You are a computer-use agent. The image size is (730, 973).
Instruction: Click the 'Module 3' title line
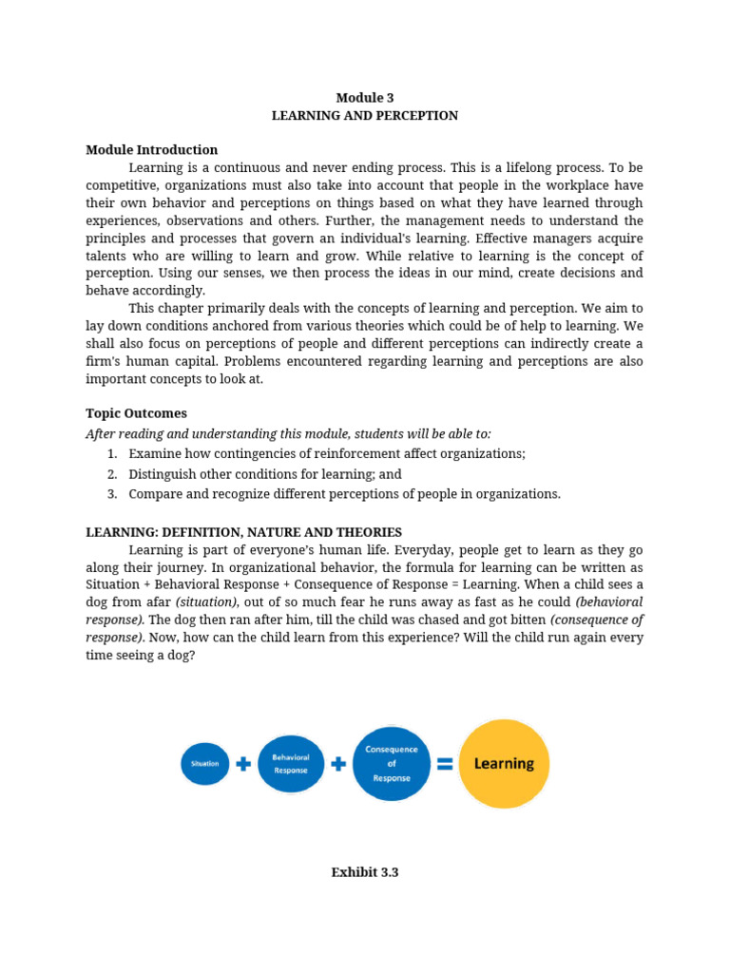[365, 98]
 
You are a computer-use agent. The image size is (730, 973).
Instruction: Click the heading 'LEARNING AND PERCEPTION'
[365, 116]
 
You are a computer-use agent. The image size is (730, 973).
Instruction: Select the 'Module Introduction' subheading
[151, 150]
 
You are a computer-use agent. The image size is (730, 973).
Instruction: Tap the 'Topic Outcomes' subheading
[136, 413]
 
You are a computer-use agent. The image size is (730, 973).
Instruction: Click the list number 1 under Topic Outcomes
[111, 454]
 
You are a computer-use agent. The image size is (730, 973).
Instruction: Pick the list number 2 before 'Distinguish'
[111, 474]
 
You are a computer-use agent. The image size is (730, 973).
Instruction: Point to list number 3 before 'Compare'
[111, 494]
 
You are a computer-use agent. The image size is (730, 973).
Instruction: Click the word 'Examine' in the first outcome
[154, 454]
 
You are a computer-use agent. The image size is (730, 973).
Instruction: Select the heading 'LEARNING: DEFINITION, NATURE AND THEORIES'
[243, 532]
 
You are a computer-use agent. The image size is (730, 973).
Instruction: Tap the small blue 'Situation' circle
[205, 763]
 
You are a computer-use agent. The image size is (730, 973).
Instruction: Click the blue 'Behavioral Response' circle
[291, 764]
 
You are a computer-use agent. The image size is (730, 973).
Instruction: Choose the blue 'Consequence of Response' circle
[392, 763]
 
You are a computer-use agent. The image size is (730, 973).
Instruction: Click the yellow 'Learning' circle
[504, 763]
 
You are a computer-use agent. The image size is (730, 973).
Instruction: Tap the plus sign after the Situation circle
[243, 764]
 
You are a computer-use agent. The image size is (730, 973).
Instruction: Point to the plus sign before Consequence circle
[338, 764]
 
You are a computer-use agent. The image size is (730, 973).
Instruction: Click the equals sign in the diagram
[444, 764]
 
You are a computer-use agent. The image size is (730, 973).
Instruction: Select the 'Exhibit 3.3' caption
[365, 872]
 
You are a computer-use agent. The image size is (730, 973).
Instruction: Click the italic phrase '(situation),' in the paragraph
[207, 602]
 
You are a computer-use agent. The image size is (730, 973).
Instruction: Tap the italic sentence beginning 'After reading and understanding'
[288, 433]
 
